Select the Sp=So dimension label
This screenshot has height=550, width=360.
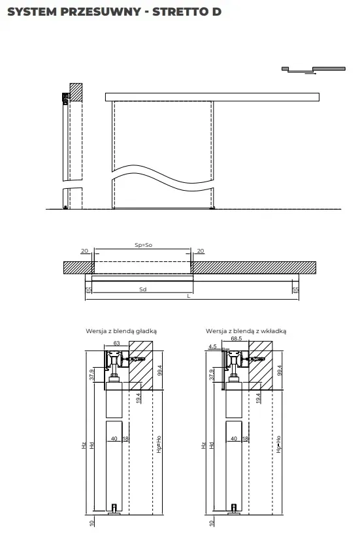[142, 245]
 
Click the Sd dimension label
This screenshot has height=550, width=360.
[142, 288]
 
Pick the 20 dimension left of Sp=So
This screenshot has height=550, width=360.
[84, 251]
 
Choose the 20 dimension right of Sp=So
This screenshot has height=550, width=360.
[201, 251]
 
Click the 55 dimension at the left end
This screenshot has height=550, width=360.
[88, 289]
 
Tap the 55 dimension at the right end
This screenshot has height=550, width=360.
[295, 289]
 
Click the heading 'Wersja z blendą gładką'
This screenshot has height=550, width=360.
[121, 331]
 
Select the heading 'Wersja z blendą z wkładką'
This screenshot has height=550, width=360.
[246, 331]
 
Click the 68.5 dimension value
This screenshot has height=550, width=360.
[237, 340]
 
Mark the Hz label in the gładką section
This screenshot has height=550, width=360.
[84, 445]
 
